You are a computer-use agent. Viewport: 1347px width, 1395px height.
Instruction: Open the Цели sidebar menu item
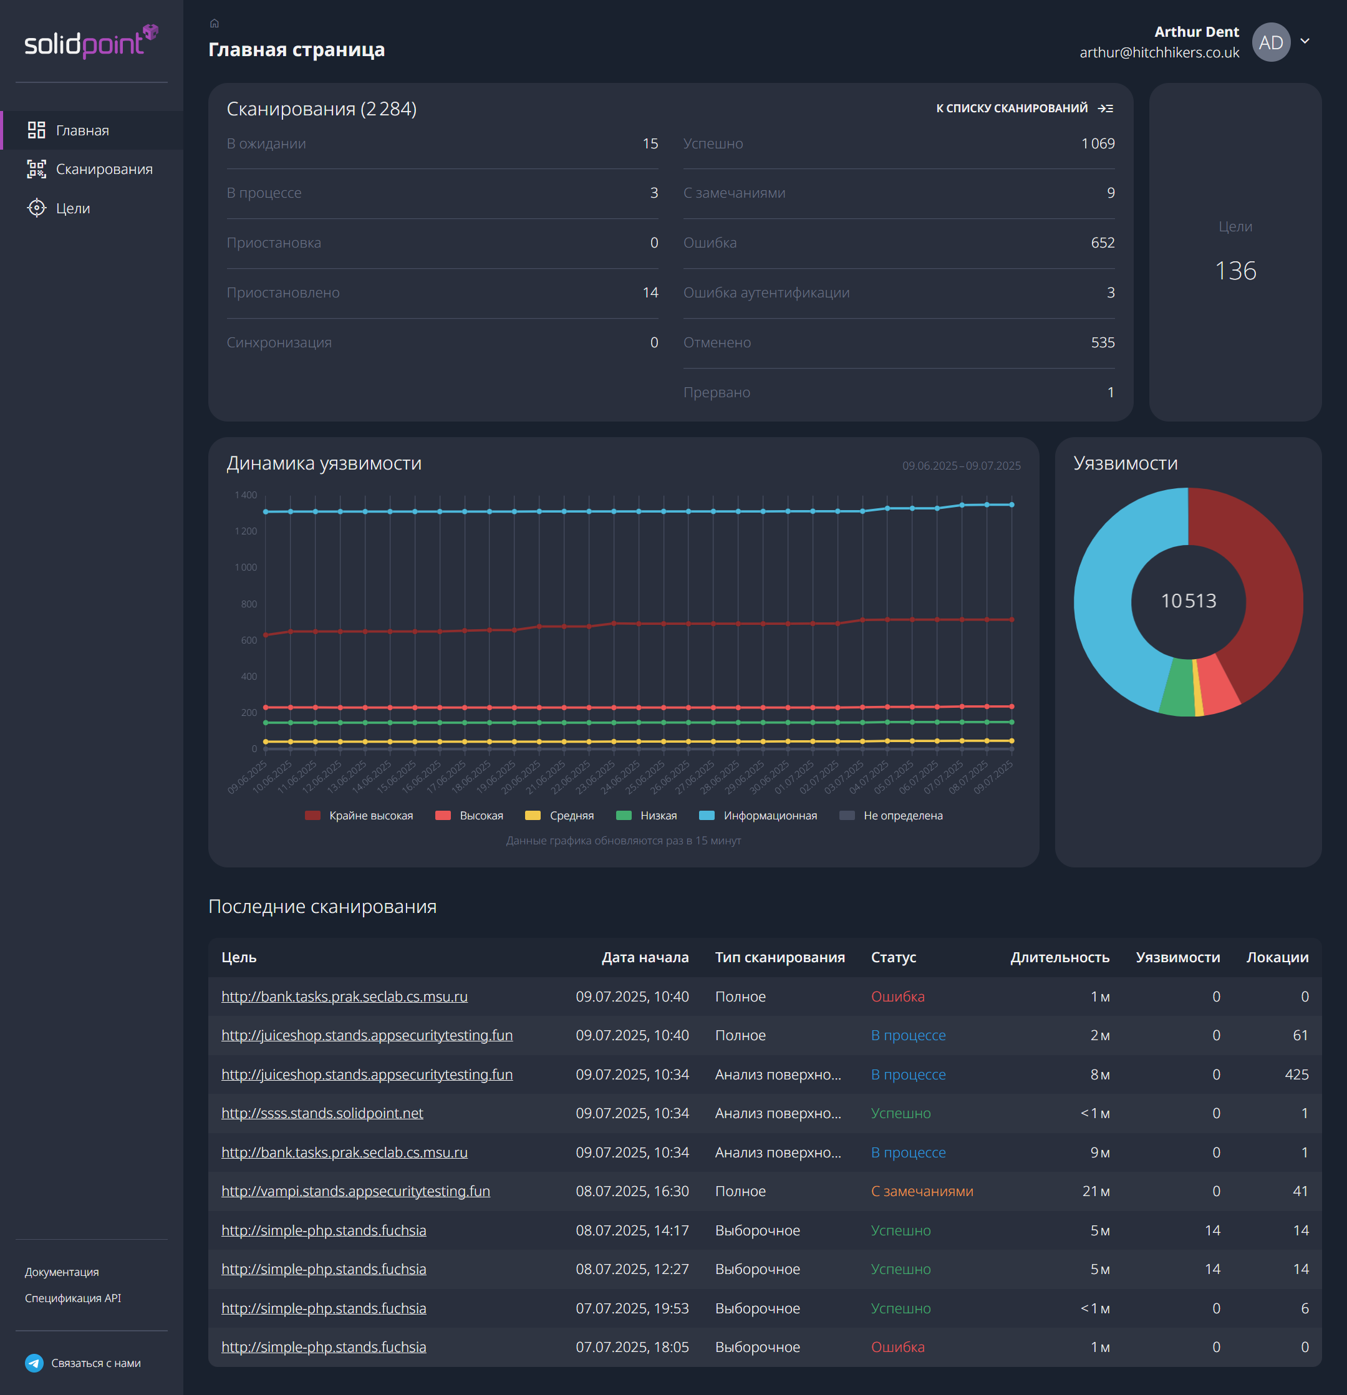pos(72,208)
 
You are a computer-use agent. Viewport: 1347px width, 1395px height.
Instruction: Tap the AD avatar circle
pos(1270,42)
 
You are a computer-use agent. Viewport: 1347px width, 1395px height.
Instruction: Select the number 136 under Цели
pos(1235,271)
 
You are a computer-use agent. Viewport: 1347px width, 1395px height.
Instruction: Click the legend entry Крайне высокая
pos(370,816)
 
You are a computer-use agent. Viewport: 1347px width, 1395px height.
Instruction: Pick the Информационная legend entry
pos(769,816)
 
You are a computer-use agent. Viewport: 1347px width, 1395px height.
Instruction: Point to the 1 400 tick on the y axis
pos(246,495)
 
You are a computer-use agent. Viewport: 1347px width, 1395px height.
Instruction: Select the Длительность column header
pos(1059,957)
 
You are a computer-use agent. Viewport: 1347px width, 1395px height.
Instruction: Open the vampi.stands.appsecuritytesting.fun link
pos(355,1192)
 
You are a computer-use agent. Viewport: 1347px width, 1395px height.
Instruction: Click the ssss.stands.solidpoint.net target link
pos(322,1113)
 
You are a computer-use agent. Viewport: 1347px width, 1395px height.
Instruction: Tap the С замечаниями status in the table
pos(922,1192)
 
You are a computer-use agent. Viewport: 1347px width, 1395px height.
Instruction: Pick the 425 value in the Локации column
pos(1296,1074)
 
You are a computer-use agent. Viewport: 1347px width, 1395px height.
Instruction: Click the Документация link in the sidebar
pos(62,1272)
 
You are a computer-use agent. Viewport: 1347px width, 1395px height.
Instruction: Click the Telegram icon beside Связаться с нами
pos(34,1363)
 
